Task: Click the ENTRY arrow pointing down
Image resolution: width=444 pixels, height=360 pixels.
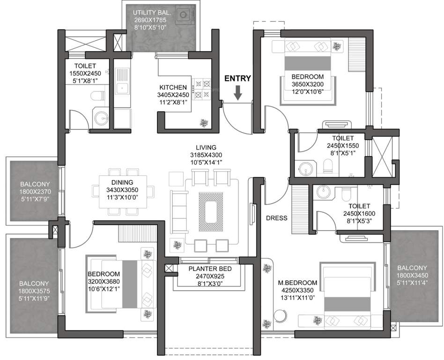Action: (x=238, y=93)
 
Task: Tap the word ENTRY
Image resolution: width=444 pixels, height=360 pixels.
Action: (x=238, y=78)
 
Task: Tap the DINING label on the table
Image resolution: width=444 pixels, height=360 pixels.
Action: (x=122, y=182)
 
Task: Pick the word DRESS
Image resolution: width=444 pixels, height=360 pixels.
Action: (x=277, y=218)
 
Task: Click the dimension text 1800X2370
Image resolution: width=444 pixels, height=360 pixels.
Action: (x=35, y=192)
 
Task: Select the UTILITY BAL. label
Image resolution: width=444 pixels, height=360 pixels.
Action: (x=152, y=12)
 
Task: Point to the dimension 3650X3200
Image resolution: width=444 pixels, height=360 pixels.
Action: (x=307, y=85)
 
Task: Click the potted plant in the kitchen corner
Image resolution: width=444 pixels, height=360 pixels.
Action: (x=203, y=122)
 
